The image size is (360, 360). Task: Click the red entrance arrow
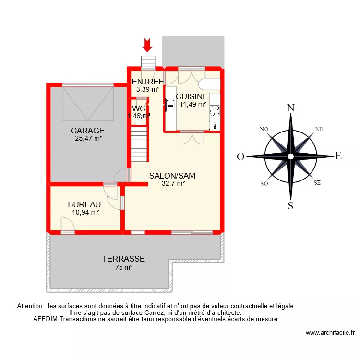click(147, 45)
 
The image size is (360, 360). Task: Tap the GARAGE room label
click(88, 131)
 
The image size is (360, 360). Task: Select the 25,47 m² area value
click(88, 139)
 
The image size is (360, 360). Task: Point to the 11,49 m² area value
click(193, 104)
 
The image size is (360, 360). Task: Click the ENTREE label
click(148, 82)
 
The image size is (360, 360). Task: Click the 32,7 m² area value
click(173, 183)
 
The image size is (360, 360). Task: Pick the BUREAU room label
click(84, 204)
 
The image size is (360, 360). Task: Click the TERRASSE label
click(123, 259)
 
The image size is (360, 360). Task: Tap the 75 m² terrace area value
click(123, 268)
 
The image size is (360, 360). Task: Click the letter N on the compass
click(290, 108)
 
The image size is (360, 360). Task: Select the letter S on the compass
click(290, 206)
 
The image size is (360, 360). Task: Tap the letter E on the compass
click(338, 156)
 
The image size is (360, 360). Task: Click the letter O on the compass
click(240, 156)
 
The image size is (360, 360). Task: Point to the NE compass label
click(319, 129)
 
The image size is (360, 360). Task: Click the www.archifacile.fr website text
click(330, 332)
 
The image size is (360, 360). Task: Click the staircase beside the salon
click(139, 144)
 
